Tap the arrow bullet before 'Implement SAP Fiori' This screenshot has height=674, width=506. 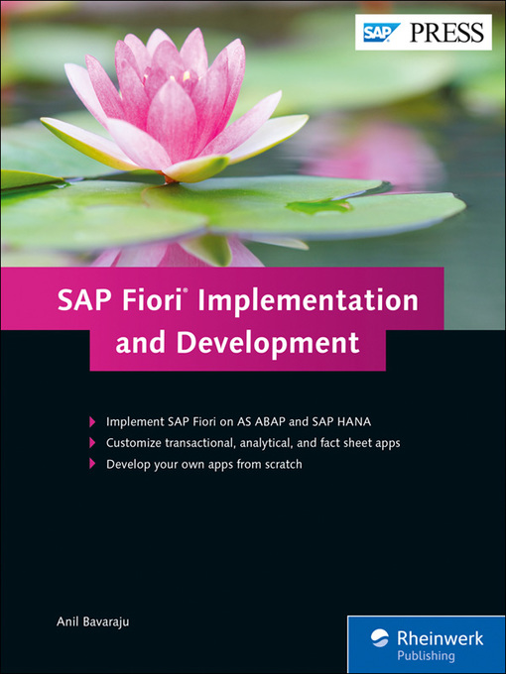pyautogui.click(x=92, y=420)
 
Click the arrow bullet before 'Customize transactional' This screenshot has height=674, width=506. pyautogui.click(x=92, y=442)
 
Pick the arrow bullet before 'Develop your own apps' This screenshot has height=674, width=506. pyautogui.click(x=92, y=464)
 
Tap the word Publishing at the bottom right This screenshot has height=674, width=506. pyautogui.click(x=425, y=655)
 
